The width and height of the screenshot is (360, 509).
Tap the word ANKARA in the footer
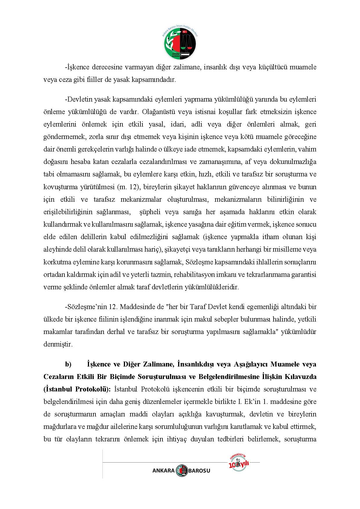(163, 471)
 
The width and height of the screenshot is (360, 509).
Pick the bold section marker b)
(68, 364)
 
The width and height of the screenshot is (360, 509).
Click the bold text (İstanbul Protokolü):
(77, 389)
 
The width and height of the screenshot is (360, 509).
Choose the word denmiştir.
(58, 344)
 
